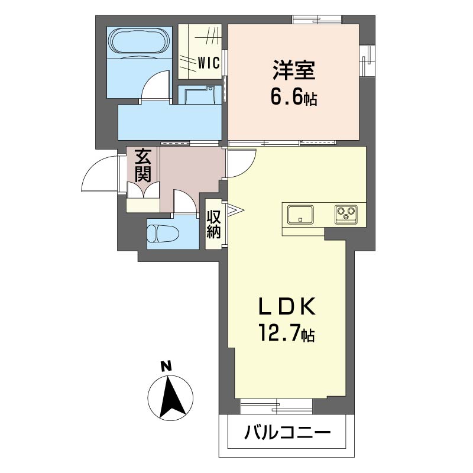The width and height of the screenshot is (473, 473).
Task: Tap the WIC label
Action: coord(209,63)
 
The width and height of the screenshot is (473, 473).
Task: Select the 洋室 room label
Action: coord(294,70)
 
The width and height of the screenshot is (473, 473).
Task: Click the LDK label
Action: coord(286,306)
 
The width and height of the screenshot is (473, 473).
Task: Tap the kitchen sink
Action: coord(300,215)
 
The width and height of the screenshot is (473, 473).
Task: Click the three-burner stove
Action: coord(346,215)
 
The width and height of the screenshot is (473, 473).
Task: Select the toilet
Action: coord(163,233)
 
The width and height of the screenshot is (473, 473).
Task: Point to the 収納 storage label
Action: coord(213,224)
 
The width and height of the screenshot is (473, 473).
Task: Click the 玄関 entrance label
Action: coord(142,166)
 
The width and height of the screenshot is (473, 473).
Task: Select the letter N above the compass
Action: coord(166,366)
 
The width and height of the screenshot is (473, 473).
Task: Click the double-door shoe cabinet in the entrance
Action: coord(143,190)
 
